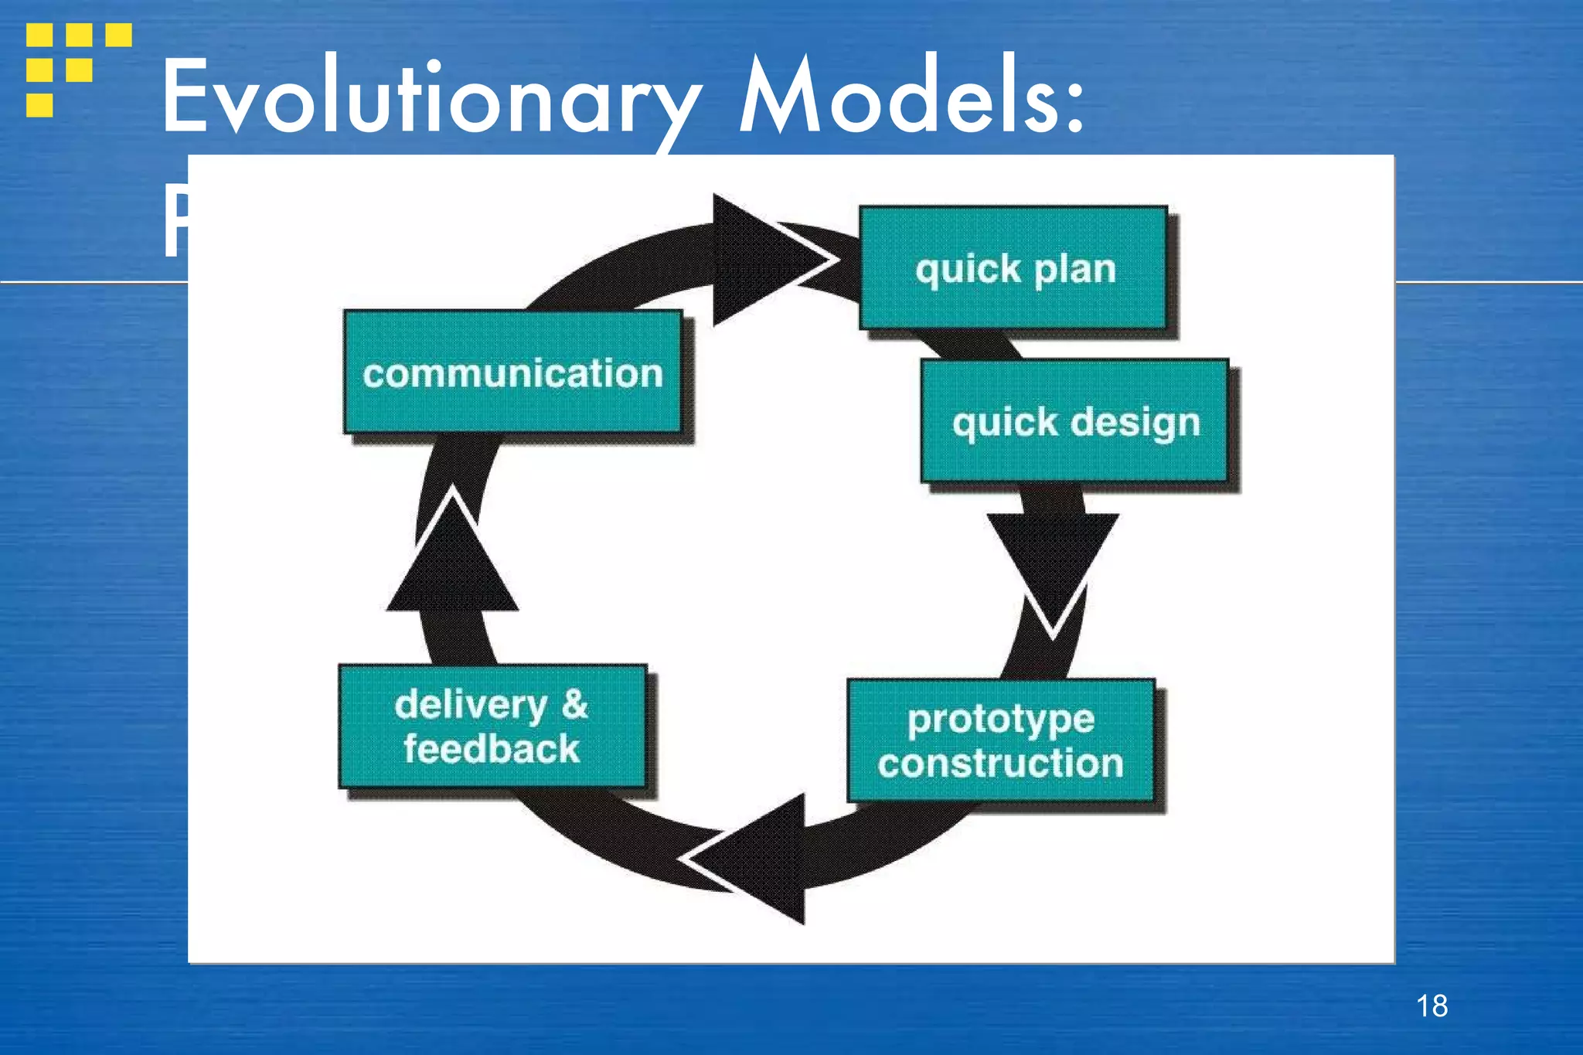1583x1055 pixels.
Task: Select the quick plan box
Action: pos(1013,268)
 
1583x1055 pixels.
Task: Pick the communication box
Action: pos(513,373)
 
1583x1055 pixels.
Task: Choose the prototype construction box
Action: pos(1001,740)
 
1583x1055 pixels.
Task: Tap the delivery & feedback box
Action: pos(492,727)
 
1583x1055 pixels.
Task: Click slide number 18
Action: pos(1432,1006)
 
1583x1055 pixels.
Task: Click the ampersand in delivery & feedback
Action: pos(574,704)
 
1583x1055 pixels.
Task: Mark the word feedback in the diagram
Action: pos(492,749)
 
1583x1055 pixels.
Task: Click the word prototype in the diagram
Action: pos(1001,720)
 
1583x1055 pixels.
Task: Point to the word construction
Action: pos(1001,764)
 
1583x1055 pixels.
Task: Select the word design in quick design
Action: pos(1135,423)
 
